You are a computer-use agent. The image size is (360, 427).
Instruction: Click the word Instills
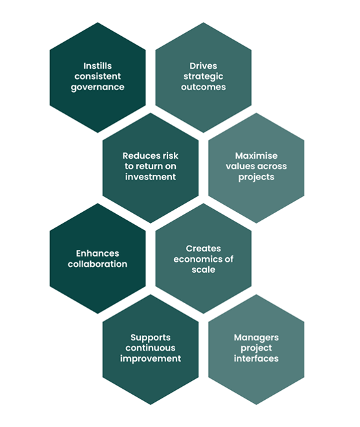pos(97,66)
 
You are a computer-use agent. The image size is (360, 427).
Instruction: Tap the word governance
pos(97,87)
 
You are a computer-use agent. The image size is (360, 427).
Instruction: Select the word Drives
pos(203,66)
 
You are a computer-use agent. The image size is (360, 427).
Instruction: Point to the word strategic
pos(203,76)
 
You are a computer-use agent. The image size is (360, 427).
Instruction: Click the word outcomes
pos(203,87)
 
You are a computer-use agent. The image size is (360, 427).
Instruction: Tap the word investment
pos(150,177)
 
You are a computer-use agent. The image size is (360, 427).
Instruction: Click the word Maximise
pos(256,156)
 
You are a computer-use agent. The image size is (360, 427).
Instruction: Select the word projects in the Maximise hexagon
pos(256,178)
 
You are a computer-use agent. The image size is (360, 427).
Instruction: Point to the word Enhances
pos(97,253)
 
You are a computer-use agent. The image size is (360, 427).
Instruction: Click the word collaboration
pos(97,264)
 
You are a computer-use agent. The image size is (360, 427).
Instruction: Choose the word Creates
pos(203,248)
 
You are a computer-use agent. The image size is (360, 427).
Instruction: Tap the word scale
pos(203,270)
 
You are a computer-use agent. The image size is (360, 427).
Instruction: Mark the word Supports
pos(150,338)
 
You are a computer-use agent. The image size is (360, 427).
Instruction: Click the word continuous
pos(150,348)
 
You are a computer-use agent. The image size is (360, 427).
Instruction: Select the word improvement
pos(150,359)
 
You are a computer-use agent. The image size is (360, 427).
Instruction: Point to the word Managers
pos(256,338)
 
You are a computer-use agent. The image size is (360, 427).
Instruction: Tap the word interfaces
pos(256,359)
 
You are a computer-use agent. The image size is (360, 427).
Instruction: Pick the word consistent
pos(97,76)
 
